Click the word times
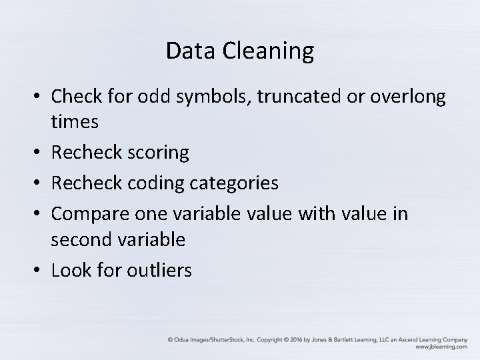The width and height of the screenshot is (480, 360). (x=75, y=122)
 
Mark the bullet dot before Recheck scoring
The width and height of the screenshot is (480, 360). (x=39, y=153)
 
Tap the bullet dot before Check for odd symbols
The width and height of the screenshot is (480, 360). (x=39, y=97)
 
